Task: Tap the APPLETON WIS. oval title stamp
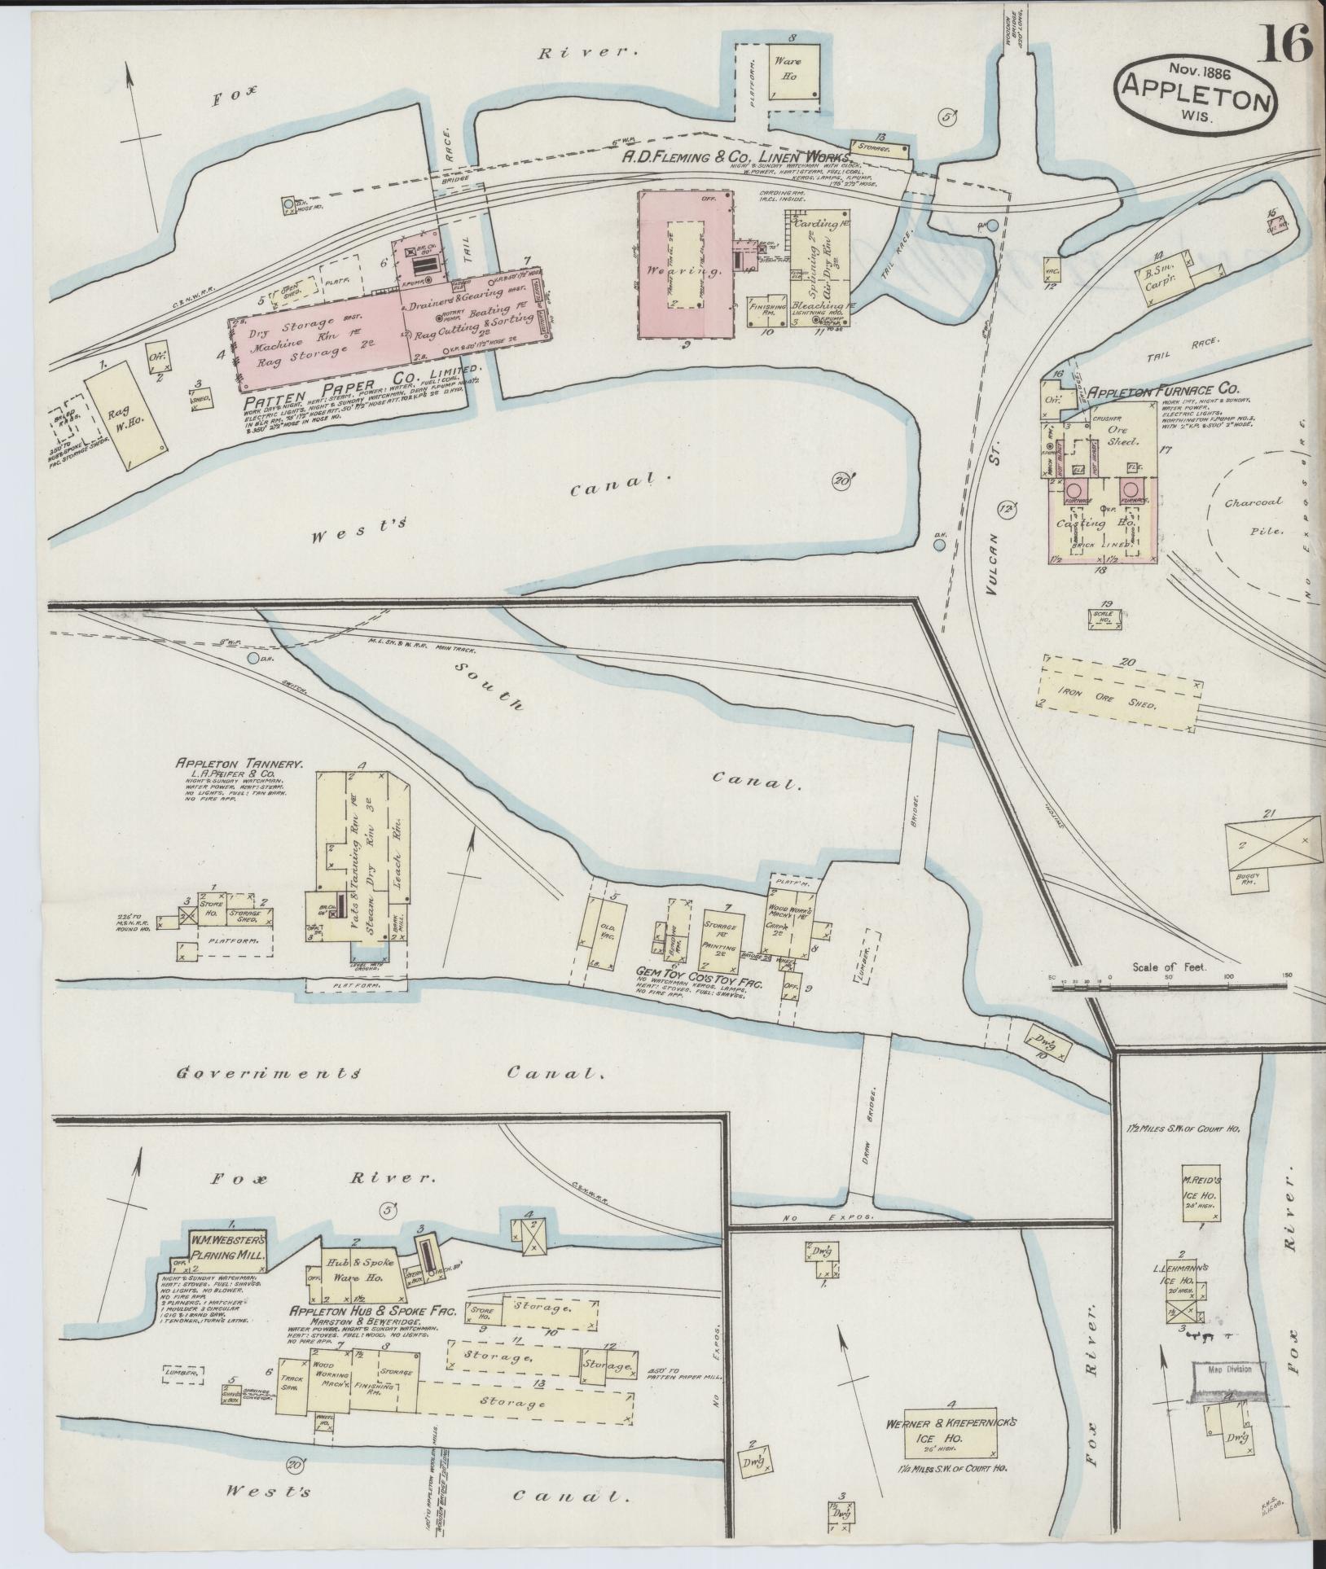(1196, 93)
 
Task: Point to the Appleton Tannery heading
(239, 765)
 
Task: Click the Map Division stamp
(1229, 1370)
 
